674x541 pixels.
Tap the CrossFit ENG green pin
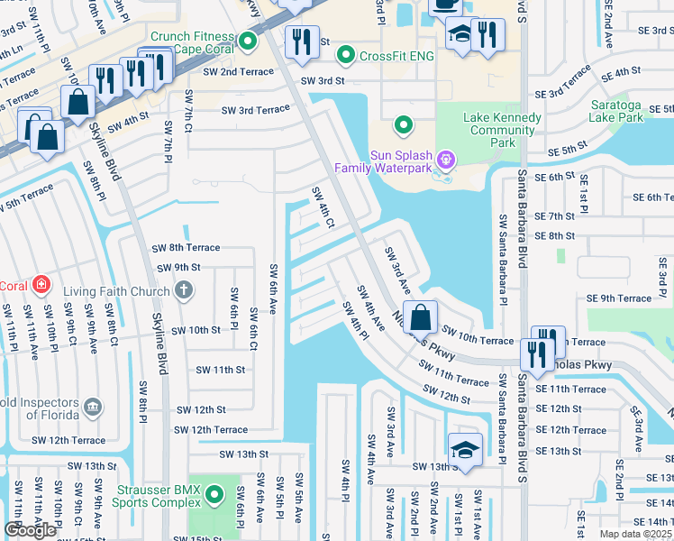tap(345, 56)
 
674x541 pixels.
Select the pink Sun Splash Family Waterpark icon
tap(442, 160)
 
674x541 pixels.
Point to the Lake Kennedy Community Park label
tap(503, 130)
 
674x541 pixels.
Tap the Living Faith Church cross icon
tap(184, 290)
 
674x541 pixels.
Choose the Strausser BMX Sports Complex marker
tap(214, 495)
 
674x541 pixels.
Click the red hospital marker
tap(40, 286)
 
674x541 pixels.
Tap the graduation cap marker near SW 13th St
tap(465, 450)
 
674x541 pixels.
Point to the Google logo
tap(30, 530)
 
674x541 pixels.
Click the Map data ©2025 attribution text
tap(635, 534)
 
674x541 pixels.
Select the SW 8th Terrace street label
tap(186, 247)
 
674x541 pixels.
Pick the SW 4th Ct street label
tap(323, 207)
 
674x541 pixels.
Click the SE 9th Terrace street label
tap(618, 298)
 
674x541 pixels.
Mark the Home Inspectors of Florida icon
tap(92, 408)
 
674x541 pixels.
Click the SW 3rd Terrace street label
tap(257, 110)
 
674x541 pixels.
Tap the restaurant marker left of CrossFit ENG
tap(299, 41)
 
